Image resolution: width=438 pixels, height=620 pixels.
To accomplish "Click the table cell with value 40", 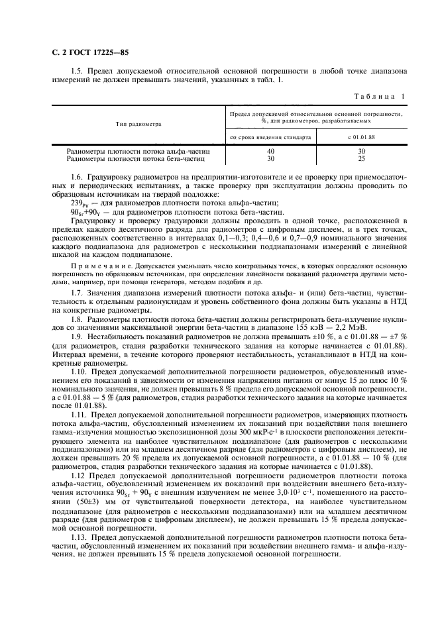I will point(270,152).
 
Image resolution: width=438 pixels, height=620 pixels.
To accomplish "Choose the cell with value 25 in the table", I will point(361,159).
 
